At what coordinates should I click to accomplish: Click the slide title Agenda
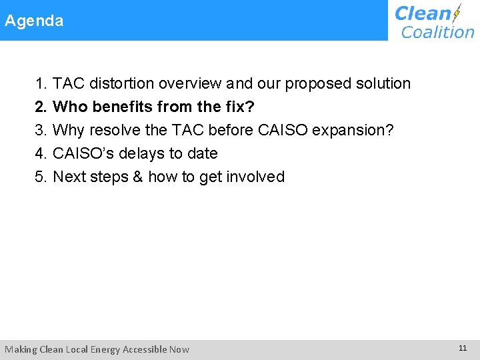click(35, 21)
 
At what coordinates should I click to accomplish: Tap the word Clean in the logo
click(423, 13)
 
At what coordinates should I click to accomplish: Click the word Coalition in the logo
click(437, 31)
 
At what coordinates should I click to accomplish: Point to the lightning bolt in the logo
click(457, 13)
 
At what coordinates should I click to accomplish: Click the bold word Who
click(69, 107)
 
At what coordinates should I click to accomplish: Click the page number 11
click(463, 348)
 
